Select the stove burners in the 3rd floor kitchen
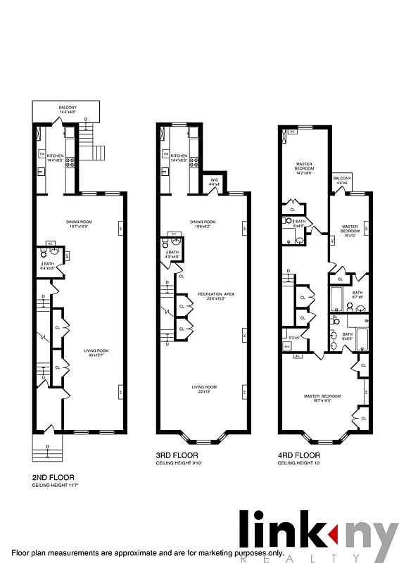point(192,161)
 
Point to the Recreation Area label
point(213,296)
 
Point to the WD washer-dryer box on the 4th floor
point(287,346)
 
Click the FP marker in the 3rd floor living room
point(245,390)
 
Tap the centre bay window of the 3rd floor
point(201,442)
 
